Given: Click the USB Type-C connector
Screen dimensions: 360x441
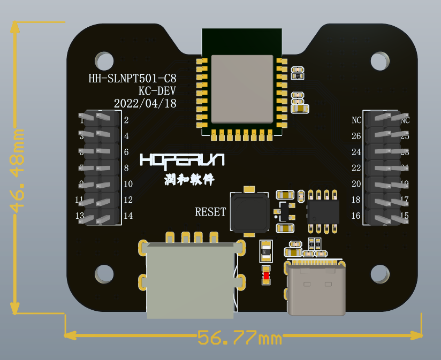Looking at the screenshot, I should click(x=316, y=289).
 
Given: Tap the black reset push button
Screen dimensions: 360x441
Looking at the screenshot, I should click(x=249, y=212).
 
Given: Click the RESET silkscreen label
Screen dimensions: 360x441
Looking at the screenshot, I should click(x=210, y=212).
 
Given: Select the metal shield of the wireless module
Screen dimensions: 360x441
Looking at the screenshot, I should click(x=242, y=89).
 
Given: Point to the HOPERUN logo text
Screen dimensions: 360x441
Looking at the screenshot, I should click(x=182, y=160).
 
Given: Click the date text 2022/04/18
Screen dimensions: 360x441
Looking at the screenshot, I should click(x=145, y=103).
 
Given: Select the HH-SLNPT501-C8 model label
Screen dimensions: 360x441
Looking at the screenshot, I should click(x=132, y=79).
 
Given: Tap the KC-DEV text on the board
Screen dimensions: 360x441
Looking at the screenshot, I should click(x=157, y=91).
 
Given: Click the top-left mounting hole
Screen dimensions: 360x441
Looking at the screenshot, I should click(x=104, y=61).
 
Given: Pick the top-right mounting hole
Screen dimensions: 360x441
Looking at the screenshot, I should click(x=380, y=61).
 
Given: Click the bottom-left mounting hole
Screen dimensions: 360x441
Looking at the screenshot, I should click(x=104, y=274).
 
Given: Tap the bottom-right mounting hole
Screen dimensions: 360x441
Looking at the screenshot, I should click(x=380, y=274).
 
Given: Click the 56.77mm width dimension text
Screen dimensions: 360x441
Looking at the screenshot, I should click(x=240, y=338).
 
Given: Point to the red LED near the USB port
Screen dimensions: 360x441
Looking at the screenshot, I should click(x=266, y=276).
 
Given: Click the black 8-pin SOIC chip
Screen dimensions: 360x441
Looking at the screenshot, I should click(x=323, y=212).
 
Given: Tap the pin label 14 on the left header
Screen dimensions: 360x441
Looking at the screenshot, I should click(x=128, y=216).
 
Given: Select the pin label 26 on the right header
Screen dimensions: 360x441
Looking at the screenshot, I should click(x=356, y=136).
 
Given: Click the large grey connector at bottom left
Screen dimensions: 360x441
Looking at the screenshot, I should click(x=191, y=278).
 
